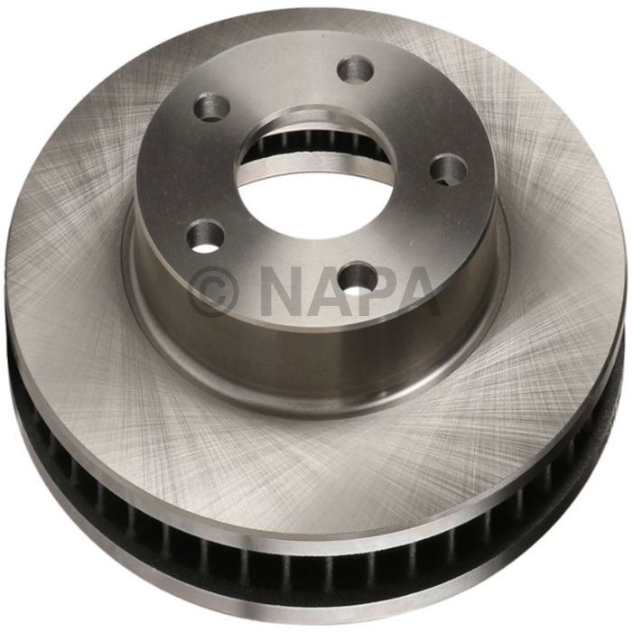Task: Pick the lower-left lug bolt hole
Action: click(x=206, y=237)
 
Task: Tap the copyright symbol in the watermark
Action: click(x=214, y=292)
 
